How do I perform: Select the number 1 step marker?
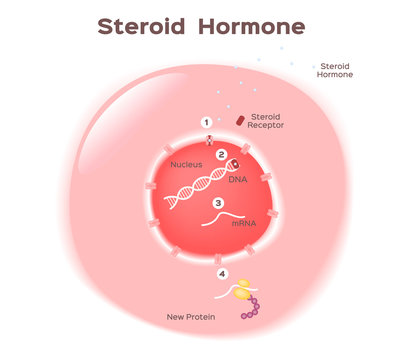(x=207, y=122)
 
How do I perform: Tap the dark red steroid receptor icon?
(x=240, y=120)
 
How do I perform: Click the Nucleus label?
(x=186, y=164)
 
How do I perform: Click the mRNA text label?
(x=244, y=223)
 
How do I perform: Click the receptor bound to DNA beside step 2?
(x=234, y=163)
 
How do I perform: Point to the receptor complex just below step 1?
(x=208, y=139)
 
